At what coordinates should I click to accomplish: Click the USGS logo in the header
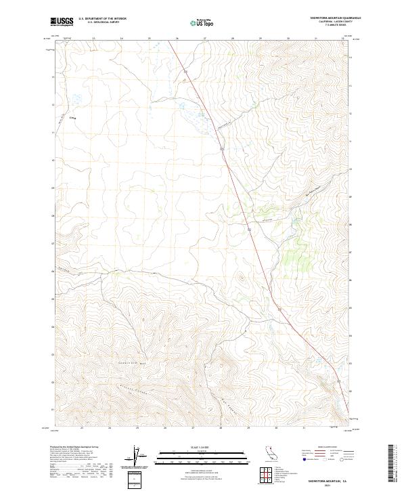(x=62, y=22)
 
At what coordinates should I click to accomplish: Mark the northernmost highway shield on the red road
(x=184, y=70)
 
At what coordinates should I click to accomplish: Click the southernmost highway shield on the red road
(x=277, y=309)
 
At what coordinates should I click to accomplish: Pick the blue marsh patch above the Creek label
(x=76, y=99)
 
